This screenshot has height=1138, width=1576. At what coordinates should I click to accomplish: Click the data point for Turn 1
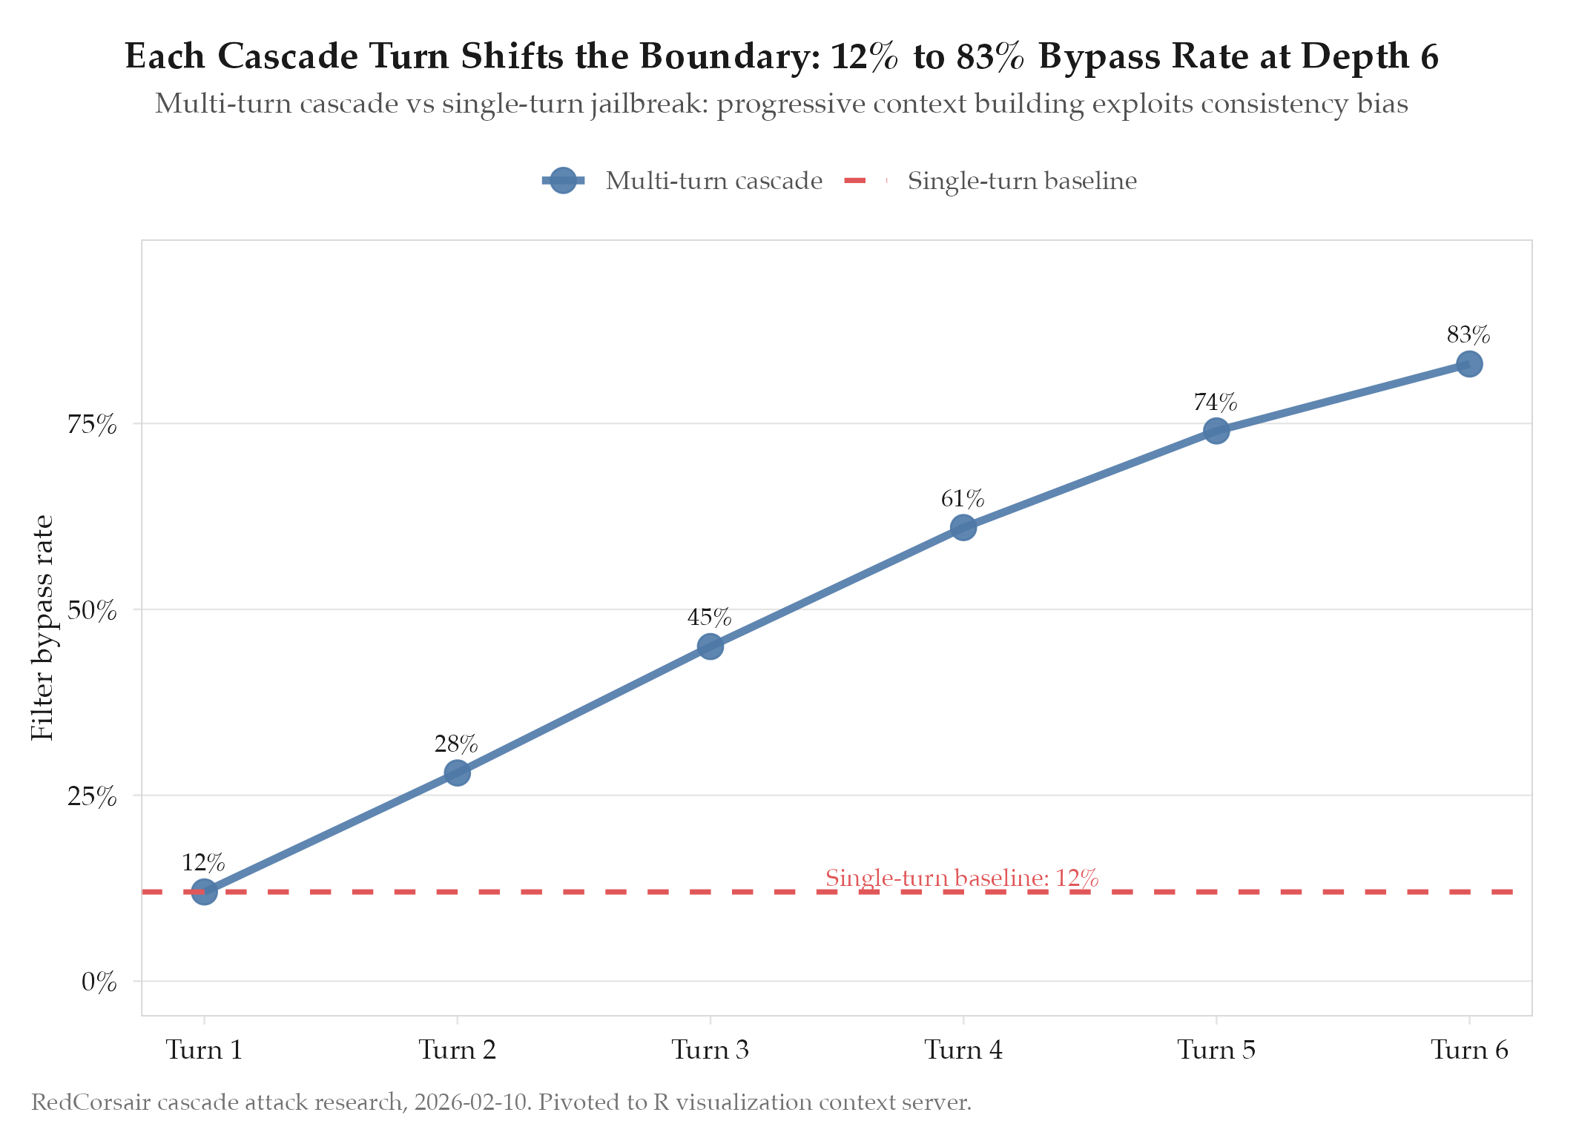click(x=204, y=891)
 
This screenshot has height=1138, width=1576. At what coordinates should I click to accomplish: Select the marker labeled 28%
click(x=457, y=773)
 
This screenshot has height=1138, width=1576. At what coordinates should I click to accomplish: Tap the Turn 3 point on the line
click(x=710, y=646)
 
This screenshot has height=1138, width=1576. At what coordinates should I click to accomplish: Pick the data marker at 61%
click(x=963, y=527)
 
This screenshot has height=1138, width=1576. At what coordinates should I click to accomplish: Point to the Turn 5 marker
click(x=1216, y=430)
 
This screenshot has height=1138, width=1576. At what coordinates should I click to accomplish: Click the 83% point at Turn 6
click(x=1469, y=363)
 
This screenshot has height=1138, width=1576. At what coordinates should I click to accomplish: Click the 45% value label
click(x=709, y=617)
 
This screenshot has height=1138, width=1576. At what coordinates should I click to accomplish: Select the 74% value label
click(x=1215, y=402)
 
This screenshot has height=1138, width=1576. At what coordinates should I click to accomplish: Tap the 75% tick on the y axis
click(x=92, y=424)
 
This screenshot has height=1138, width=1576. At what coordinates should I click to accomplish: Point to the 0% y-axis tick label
click(x=99, y=982)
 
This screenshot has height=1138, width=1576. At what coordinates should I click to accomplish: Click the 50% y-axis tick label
click(x=92, y=610)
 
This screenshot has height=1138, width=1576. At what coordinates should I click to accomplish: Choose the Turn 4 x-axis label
click(x=963, y=1050)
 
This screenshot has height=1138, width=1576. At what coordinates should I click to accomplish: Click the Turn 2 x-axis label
click(x=457, y=1050)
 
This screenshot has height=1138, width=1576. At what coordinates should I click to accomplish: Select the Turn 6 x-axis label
click(x=1469, y=1050)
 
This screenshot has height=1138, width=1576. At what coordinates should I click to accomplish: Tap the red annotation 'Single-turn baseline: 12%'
click(x=961, y=878)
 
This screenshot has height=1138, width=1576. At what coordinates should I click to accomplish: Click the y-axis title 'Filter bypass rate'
click(x=42, y=627)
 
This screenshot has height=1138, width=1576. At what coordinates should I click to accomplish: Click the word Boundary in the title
click(x=730, y=56)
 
